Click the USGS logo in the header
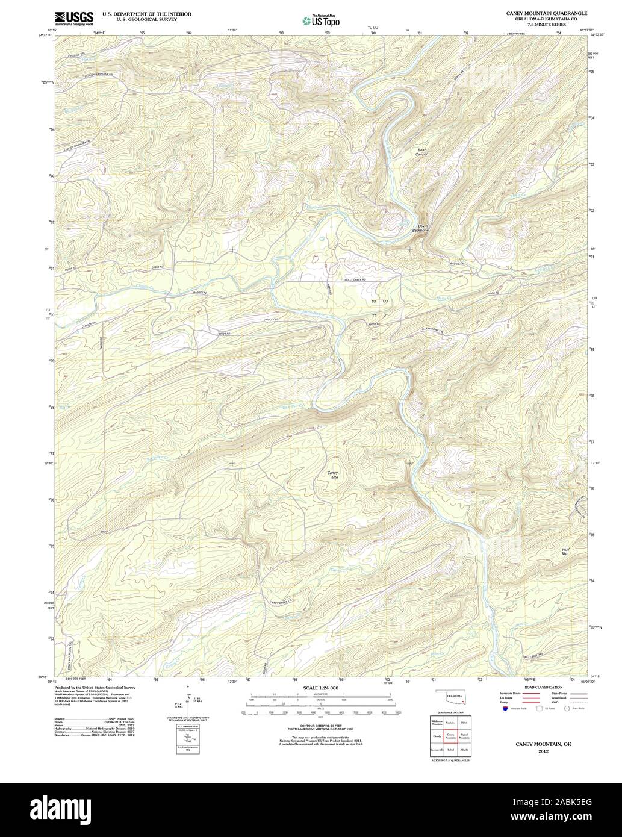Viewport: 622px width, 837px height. pos(73,19)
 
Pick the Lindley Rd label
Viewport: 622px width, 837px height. pos(271,319)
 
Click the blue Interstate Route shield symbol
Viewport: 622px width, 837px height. pos(496,709)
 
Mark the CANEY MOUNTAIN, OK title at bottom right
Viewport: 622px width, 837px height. pos(543,744)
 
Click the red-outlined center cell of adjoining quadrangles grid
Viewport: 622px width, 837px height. pos(450,736)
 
